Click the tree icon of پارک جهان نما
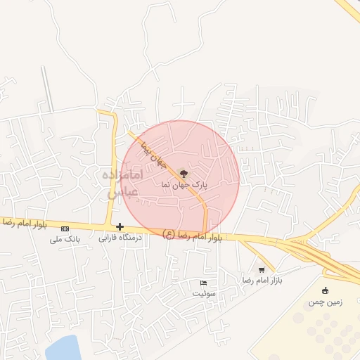pyautogui.click(x=184, y=172)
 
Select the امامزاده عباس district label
pyautogui.click(x=124, y=181)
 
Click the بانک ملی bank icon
pyautogui.click(x=65, y=229)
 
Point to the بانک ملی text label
pyautogui.click(x=65, y=239)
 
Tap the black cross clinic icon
pyautogui.click(x=120, y=226)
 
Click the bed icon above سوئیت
pyautogui.click(x=204, y=283)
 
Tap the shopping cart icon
pyautogui.click(x=262, y=269)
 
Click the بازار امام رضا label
pyautogui.click(x=262, y=280)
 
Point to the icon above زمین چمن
pyautogui.click(x=325, y=291)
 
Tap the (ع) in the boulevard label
pyautogui.click(x=169, y=233)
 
